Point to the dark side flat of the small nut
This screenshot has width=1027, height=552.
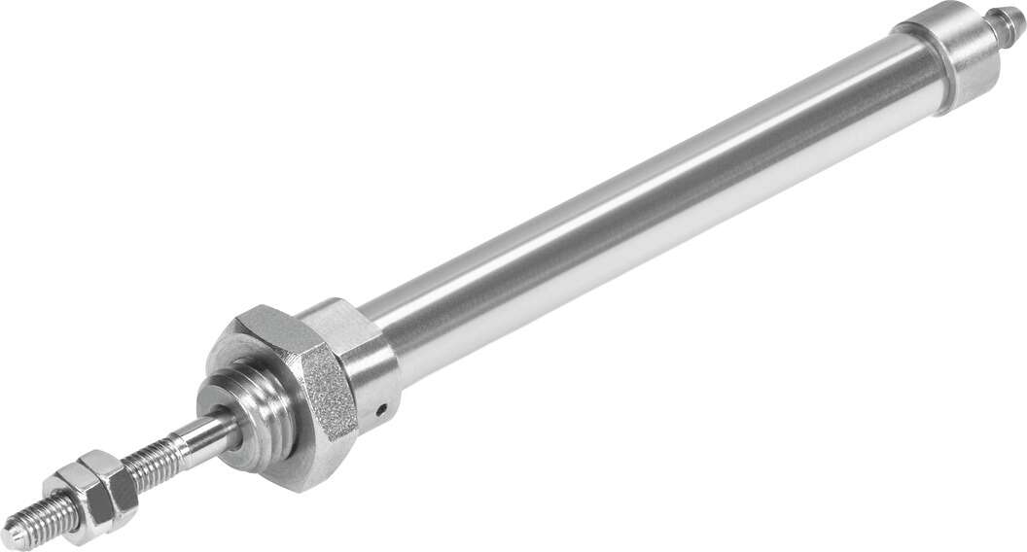pos(122,496)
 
